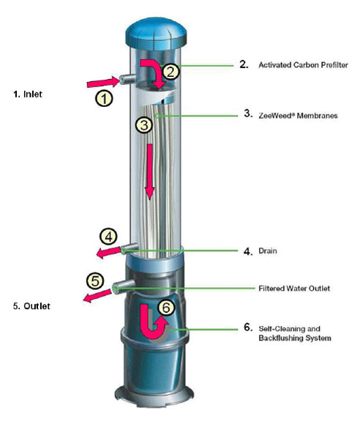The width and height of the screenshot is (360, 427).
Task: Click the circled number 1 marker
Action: [104, 98]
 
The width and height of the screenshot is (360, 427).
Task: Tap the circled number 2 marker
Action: [170, 72]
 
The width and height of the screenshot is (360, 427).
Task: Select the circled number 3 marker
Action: [144, 125]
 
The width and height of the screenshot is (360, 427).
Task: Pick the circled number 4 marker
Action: [108, 237]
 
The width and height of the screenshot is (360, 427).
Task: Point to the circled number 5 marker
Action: [95, 281]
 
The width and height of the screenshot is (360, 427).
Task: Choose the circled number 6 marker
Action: [166, 308]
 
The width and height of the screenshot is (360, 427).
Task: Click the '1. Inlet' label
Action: [28, 94]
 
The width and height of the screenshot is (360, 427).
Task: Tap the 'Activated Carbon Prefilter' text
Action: [303, 65]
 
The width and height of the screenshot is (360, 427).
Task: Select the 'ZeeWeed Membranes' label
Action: [298, 116]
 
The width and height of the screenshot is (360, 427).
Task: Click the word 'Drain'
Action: [268, 250]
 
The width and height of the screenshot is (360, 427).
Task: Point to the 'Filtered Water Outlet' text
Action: [294, 288]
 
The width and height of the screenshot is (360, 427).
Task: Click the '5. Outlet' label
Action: [31, 306]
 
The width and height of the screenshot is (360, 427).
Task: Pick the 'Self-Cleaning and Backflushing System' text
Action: [295, 333]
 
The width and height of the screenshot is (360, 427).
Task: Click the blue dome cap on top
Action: [156, 33]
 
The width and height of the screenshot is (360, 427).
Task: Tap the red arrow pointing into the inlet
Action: [103, 82]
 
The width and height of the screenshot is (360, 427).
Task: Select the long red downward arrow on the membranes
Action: [150, 172]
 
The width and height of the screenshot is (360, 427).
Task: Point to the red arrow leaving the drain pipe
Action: [108, 252]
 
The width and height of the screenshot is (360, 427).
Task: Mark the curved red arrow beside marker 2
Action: [157, 70]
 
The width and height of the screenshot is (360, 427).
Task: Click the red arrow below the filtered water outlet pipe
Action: [97, 296]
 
